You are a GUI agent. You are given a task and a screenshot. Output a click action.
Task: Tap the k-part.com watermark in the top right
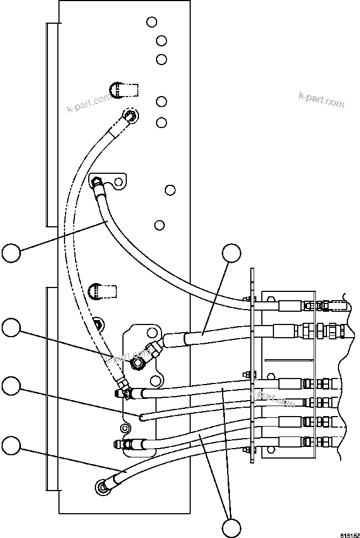click(321, 99)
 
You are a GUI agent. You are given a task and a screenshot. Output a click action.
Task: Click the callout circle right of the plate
click(232, 255)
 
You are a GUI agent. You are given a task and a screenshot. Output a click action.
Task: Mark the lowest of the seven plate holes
click(160, 225)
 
